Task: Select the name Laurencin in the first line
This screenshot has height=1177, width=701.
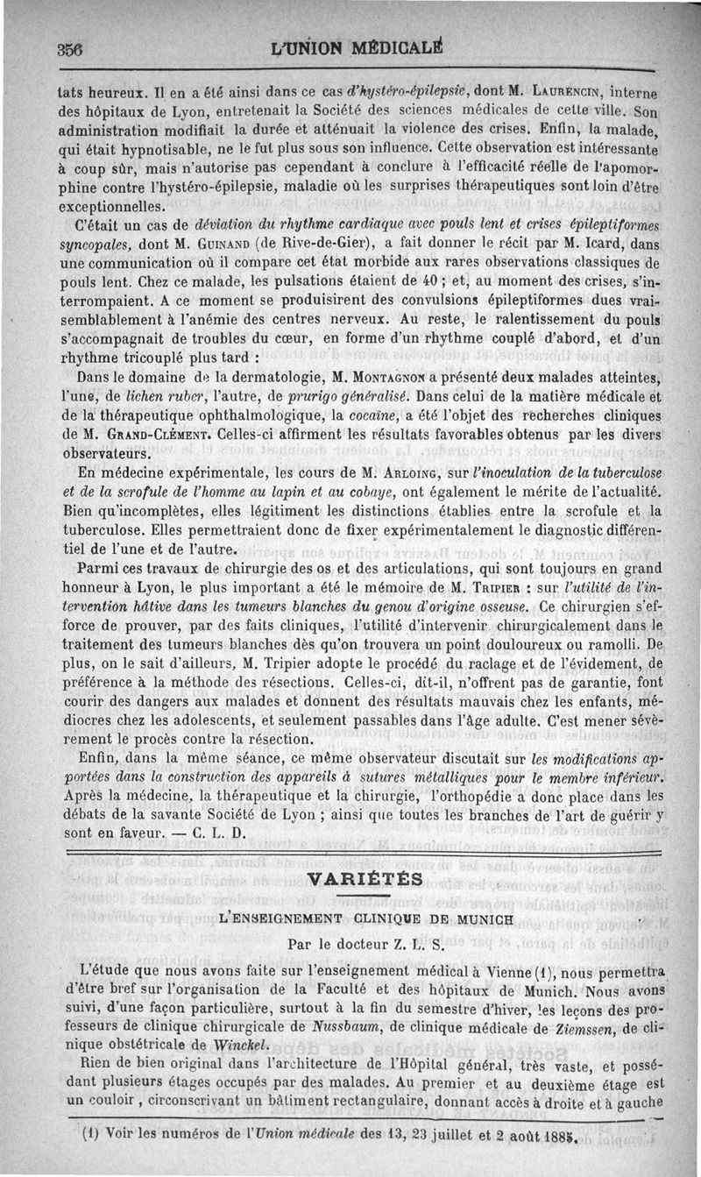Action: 570,89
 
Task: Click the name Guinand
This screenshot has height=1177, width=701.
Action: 208,241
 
